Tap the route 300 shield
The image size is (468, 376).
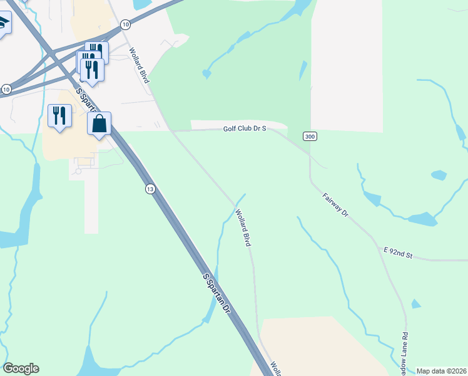[309, 136]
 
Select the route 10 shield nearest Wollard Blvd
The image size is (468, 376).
[126, 24]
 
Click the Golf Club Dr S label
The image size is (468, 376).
[245, 128]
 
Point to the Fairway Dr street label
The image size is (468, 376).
[335, 205]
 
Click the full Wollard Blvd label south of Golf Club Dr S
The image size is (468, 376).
[243, 227]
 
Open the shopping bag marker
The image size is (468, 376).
[99, 123]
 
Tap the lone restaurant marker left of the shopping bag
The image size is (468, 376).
[59, 115]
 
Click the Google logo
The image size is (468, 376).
[21, 368]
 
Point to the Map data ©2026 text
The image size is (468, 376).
[441, 371]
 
